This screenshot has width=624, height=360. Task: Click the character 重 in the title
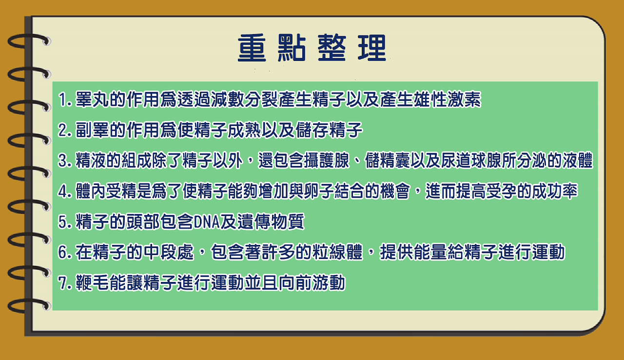[252, 48]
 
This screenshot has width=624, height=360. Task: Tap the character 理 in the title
[372, 48]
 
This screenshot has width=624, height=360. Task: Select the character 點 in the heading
[292, 48]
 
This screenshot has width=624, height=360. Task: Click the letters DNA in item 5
[206, 222]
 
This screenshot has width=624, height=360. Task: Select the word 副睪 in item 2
[92, 130]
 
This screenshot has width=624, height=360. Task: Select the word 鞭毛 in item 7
[92, 283]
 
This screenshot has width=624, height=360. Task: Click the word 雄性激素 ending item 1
[447, 100]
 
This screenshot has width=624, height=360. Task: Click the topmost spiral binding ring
[29, 40]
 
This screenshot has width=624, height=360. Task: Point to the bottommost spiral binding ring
[29, 305]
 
